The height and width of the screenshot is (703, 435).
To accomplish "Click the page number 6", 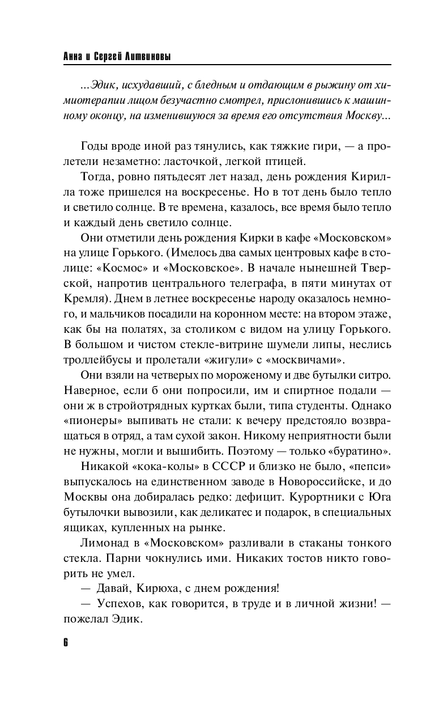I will click(x=66, y=643).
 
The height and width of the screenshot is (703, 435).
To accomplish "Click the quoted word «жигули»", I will click(x=239, y=359).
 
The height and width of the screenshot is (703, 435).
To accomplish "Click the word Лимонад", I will click(x=102, y=543).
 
